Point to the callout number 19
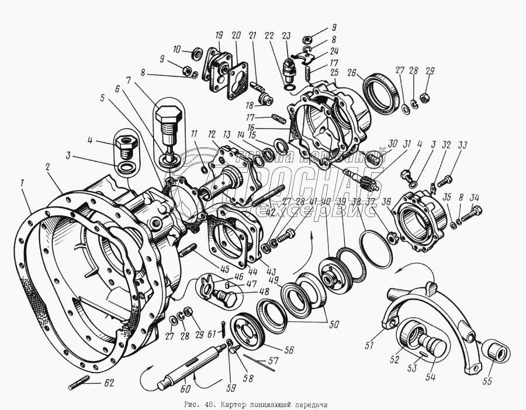[x=219, y=34]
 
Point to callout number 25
[x=334, y=73]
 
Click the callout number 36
[x=386, y=202]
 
